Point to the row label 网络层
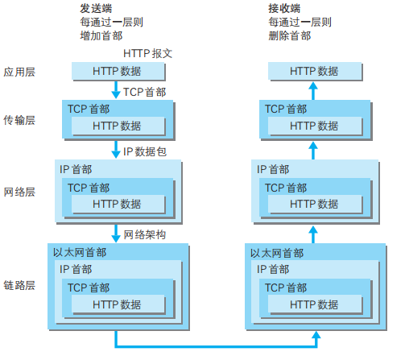[20, 192]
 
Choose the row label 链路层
[20, 286]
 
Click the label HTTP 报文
[148, 53]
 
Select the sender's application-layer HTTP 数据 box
[117, 72]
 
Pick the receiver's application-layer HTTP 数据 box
[314, 72]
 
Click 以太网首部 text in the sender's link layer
[79, 252]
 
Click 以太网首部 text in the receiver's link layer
[277, 252]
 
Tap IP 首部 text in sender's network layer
[76, 168]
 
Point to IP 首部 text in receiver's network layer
[273, 168]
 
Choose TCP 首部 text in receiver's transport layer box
[285, 109]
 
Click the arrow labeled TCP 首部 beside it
[115, 90]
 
